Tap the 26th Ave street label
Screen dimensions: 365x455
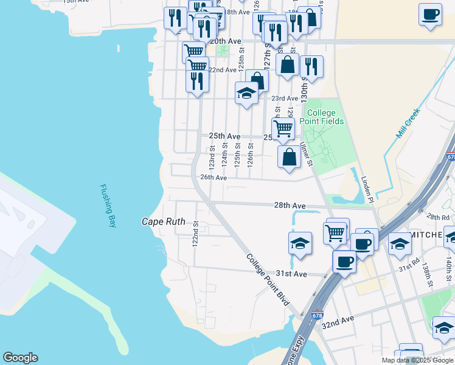pyautogui.click(x=214, y=178)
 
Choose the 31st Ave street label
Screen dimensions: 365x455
pyautogui.click(x=292, y=274)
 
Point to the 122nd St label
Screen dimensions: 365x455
pyautogui.click(x=195, y=234)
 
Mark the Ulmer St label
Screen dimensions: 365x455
pyautogui.click(x=306, y=155)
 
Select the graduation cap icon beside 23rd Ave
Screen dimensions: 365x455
pyautogui.click(x=246, y=93)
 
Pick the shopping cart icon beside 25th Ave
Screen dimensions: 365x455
pyautogui.click(x=283, y=128)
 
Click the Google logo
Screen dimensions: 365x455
pyautogui.click(x=20, y=358)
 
